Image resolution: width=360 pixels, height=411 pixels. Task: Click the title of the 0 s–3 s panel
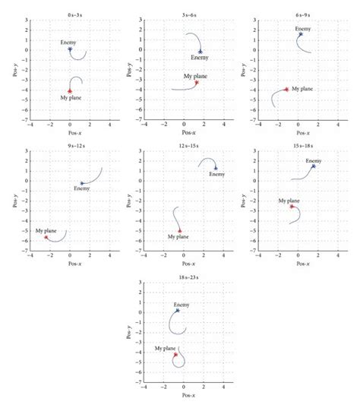[x=70, y=15]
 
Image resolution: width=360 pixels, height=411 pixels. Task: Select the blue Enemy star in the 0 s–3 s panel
[x=70, y=49]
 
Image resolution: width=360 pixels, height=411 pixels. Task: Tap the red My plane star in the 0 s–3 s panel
[x=70, y=90]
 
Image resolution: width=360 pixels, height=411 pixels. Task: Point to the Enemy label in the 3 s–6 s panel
[x=199, y=58]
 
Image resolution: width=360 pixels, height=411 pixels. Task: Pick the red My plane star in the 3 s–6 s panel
[x=196, y=82]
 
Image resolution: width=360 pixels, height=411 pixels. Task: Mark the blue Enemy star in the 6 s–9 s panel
[x=301, y=34]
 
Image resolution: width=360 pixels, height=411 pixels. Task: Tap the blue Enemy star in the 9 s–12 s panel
[x=82, y=183]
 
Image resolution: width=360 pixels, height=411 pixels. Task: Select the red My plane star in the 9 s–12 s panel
[x=46, y=237]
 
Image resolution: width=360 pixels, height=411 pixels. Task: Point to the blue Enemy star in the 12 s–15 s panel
[x=215, y=169]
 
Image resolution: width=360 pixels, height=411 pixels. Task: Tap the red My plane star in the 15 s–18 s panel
[x=291, y=206]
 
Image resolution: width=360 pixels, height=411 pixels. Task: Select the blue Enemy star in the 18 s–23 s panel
[x=178, y=310]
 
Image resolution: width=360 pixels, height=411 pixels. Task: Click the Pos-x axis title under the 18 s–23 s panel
[x=184, y=396]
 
